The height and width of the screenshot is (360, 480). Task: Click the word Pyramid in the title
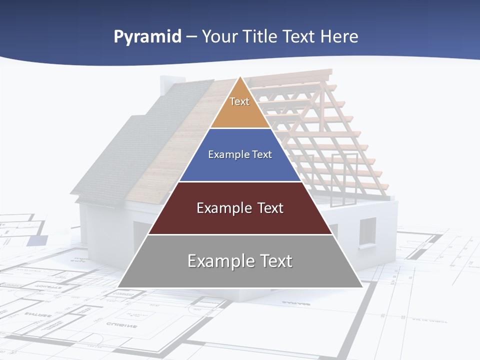tap(147, 37)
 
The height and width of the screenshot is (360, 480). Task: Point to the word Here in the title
tap(339, 36)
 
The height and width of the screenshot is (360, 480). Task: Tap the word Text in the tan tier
tap(239, 101)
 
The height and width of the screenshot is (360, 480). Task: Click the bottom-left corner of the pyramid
tap(118, 287)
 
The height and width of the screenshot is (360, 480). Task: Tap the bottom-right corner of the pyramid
tap(362, 287)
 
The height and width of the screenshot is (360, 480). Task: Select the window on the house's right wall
tap(367, 231)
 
